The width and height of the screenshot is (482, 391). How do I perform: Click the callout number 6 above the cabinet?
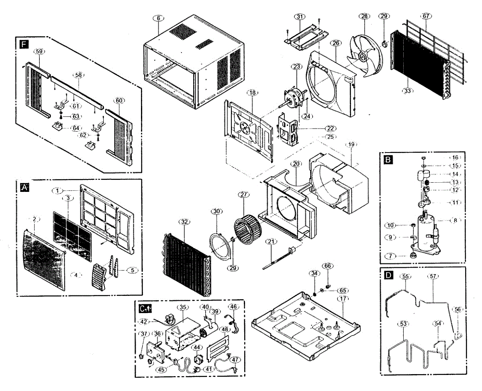coord(158,18)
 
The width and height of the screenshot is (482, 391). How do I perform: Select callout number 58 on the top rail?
coord(78,75)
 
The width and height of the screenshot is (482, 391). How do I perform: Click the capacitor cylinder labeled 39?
coord(210,327)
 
